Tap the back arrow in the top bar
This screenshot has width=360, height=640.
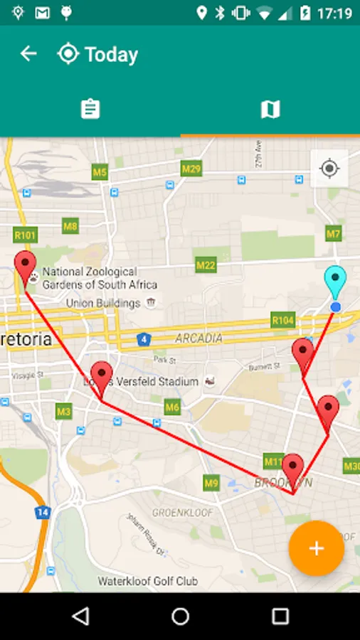[28, 54]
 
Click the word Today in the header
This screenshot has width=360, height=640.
[111, 55]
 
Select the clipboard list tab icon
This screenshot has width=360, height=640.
[90, 110]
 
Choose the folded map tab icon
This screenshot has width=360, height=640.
[270, 110]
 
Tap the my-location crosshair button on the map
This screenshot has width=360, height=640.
[329, 169]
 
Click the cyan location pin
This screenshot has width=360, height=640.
[334, 282]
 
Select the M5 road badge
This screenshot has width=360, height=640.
[100, 172]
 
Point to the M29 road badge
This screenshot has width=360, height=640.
[191, 169]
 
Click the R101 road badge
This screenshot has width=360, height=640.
[25, 235]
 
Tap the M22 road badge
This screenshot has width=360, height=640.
[206, 265]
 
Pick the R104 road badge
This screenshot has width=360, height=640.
[282, 321]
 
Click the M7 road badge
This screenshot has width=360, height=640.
[334, 233]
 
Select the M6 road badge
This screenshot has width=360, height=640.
[172, 407]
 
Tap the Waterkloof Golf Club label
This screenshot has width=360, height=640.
[148, 581]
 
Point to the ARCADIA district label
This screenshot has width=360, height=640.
[198, 338]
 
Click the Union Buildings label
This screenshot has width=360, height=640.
[103, 304]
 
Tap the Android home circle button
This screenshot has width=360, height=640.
[181, 616]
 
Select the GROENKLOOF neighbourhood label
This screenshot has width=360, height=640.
[178, 512]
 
